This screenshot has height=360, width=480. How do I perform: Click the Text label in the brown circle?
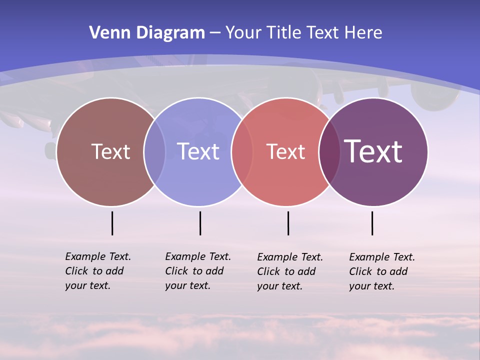coord(110,151)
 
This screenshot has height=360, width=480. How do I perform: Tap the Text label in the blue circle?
coord(198,151)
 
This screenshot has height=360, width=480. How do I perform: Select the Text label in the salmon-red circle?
coord(285,152)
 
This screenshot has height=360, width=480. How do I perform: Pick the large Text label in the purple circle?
coord(373,151)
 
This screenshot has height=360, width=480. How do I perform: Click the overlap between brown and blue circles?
coord(154,151)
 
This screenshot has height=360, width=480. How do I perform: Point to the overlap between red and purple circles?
coord(329,151)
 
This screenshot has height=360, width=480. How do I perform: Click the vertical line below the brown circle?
coord(112,223)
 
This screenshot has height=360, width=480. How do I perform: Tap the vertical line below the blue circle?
coord(200,223)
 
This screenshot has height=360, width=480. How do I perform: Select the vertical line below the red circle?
coord(288,223)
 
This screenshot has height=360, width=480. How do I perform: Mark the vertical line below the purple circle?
coord(372,223)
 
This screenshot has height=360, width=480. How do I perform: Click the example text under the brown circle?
coord(97,271)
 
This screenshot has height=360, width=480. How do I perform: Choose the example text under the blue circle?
coord(197,271)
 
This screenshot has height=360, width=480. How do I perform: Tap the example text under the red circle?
coord(289,271)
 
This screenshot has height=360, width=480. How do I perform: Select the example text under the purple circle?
coord(381,271)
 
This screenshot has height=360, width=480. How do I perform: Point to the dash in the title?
coord(215,33)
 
